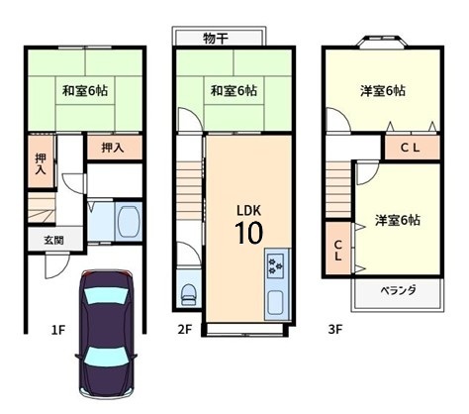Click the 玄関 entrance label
(x=53, y=240)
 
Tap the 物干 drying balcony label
(x=216, y=39)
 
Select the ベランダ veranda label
(x=398, y=290)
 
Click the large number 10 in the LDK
(x=249, y=233)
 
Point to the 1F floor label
(x=58, y=330)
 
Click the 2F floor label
(x=185, y=330)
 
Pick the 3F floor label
(x=335, y=330)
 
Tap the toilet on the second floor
(x=188, y=294)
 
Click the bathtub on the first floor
(x=129, y=221)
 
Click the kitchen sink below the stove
(x=275, y=303)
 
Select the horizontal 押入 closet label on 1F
(x=113, y=148)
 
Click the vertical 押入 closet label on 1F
(x=41, y=164)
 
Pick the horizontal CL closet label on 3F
(x=411, y=148)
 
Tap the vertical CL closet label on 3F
(x=337, y=251)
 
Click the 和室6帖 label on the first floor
(x=85, y=90)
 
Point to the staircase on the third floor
(x=338, y=189)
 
